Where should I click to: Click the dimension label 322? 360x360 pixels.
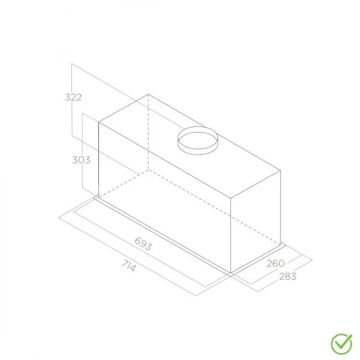coord(73,97)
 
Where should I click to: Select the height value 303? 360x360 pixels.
coord(80,160)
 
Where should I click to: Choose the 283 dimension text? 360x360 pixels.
coord(287,277)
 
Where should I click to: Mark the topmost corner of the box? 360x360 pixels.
coord(148,94)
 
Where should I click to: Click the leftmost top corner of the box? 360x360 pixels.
coord(98,123)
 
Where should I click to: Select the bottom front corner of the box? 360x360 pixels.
coord(232,273)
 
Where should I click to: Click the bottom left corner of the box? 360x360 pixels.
coord(98,196)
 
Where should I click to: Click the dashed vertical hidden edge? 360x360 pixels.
coord(148,132)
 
